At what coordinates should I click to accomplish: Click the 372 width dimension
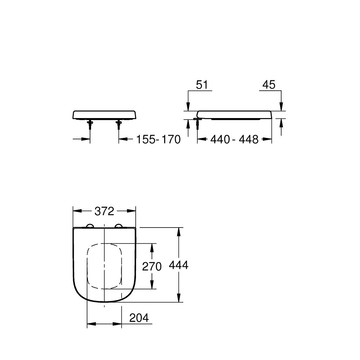[104, 211]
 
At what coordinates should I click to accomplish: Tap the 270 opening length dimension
[152, 266]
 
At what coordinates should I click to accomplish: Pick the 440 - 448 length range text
[234, 140]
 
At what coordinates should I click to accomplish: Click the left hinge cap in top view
[90, 226]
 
